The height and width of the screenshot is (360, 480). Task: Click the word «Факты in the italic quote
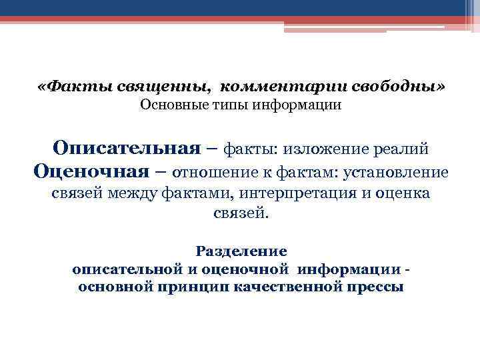coord(67,88)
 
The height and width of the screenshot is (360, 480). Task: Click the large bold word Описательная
coord(127,147)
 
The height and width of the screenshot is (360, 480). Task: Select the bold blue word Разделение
coord(241,251)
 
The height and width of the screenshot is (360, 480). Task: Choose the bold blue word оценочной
coord(250,269)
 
